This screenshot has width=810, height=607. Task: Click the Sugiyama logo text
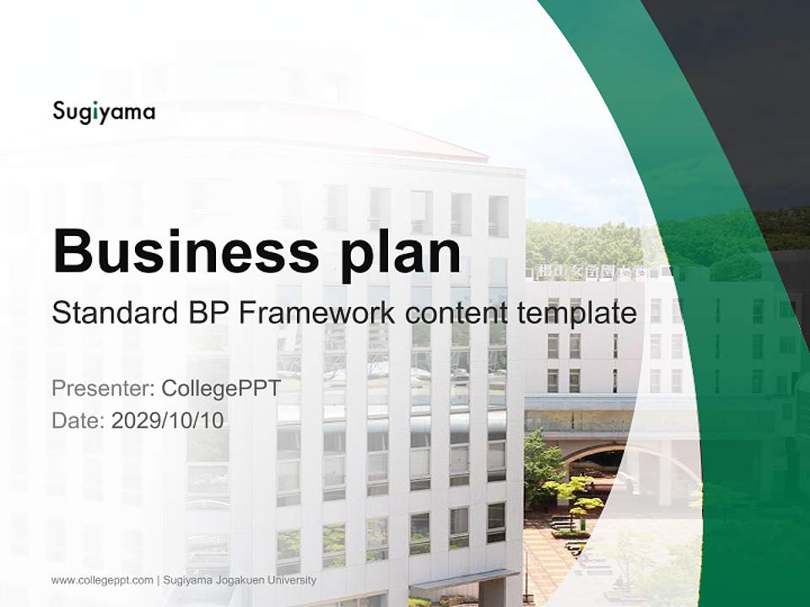(104, 111)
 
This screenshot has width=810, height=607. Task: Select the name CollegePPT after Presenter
(220, 389)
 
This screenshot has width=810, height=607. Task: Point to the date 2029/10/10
(168, 420)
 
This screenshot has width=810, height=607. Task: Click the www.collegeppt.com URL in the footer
(102, 580)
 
